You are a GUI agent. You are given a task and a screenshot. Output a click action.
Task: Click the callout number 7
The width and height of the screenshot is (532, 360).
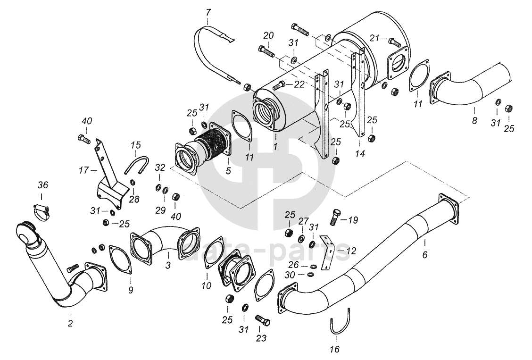[x=208, y=13]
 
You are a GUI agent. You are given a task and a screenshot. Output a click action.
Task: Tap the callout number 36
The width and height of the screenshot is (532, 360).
[x=43, y=185]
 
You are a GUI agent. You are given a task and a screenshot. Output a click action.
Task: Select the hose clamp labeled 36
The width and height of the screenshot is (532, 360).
[x=42, y=212]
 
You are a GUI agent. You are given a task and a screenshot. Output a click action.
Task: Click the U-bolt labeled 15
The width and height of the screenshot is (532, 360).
[x=137, y=164]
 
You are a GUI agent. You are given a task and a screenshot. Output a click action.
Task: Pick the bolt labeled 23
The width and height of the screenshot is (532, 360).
[x=263, y=319]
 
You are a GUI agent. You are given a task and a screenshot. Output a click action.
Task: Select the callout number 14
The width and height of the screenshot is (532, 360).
[x=360, y=154]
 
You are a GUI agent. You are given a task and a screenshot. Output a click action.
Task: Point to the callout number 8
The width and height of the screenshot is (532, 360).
[x=474, y=120]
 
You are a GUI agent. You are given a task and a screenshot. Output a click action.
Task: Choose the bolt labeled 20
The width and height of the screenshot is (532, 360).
[x=266, y=51]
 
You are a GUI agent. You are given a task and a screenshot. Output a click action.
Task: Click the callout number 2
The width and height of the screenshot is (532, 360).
[x=70, y=323]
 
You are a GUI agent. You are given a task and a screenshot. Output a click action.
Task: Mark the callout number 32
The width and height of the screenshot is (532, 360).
[x=160, y=167]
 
